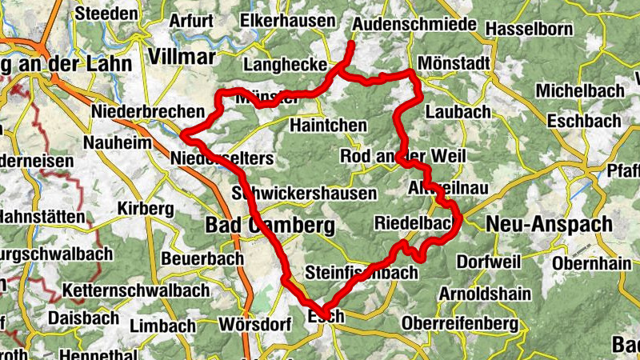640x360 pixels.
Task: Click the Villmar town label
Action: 182,56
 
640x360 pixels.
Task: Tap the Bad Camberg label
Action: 270,226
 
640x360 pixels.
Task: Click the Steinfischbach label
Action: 362,273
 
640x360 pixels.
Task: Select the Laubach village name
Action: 458,112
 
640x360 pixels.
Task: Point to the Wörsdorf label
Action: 253,326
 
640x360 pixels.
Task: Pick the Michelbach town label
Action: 580,90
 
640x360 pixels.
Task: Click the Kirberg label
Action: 145,208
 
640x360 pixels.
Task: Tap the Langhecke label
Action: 286,64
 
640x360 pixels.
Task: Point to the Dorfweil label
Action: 488,261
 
